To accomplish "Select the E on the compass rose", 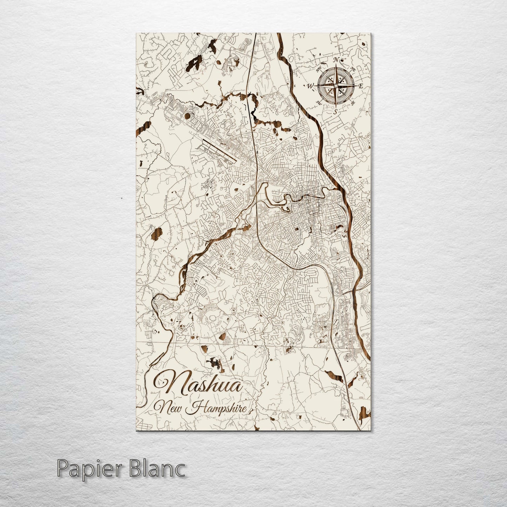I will tap(361, 86).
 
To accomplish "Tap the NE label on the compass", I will tap(353, 69).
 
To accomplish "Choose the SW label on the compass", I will tap(319, 103).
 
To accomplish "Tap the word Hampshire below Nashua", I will tap(222, 408).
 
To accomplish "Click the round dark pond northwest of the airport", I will tap(187, 115).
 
